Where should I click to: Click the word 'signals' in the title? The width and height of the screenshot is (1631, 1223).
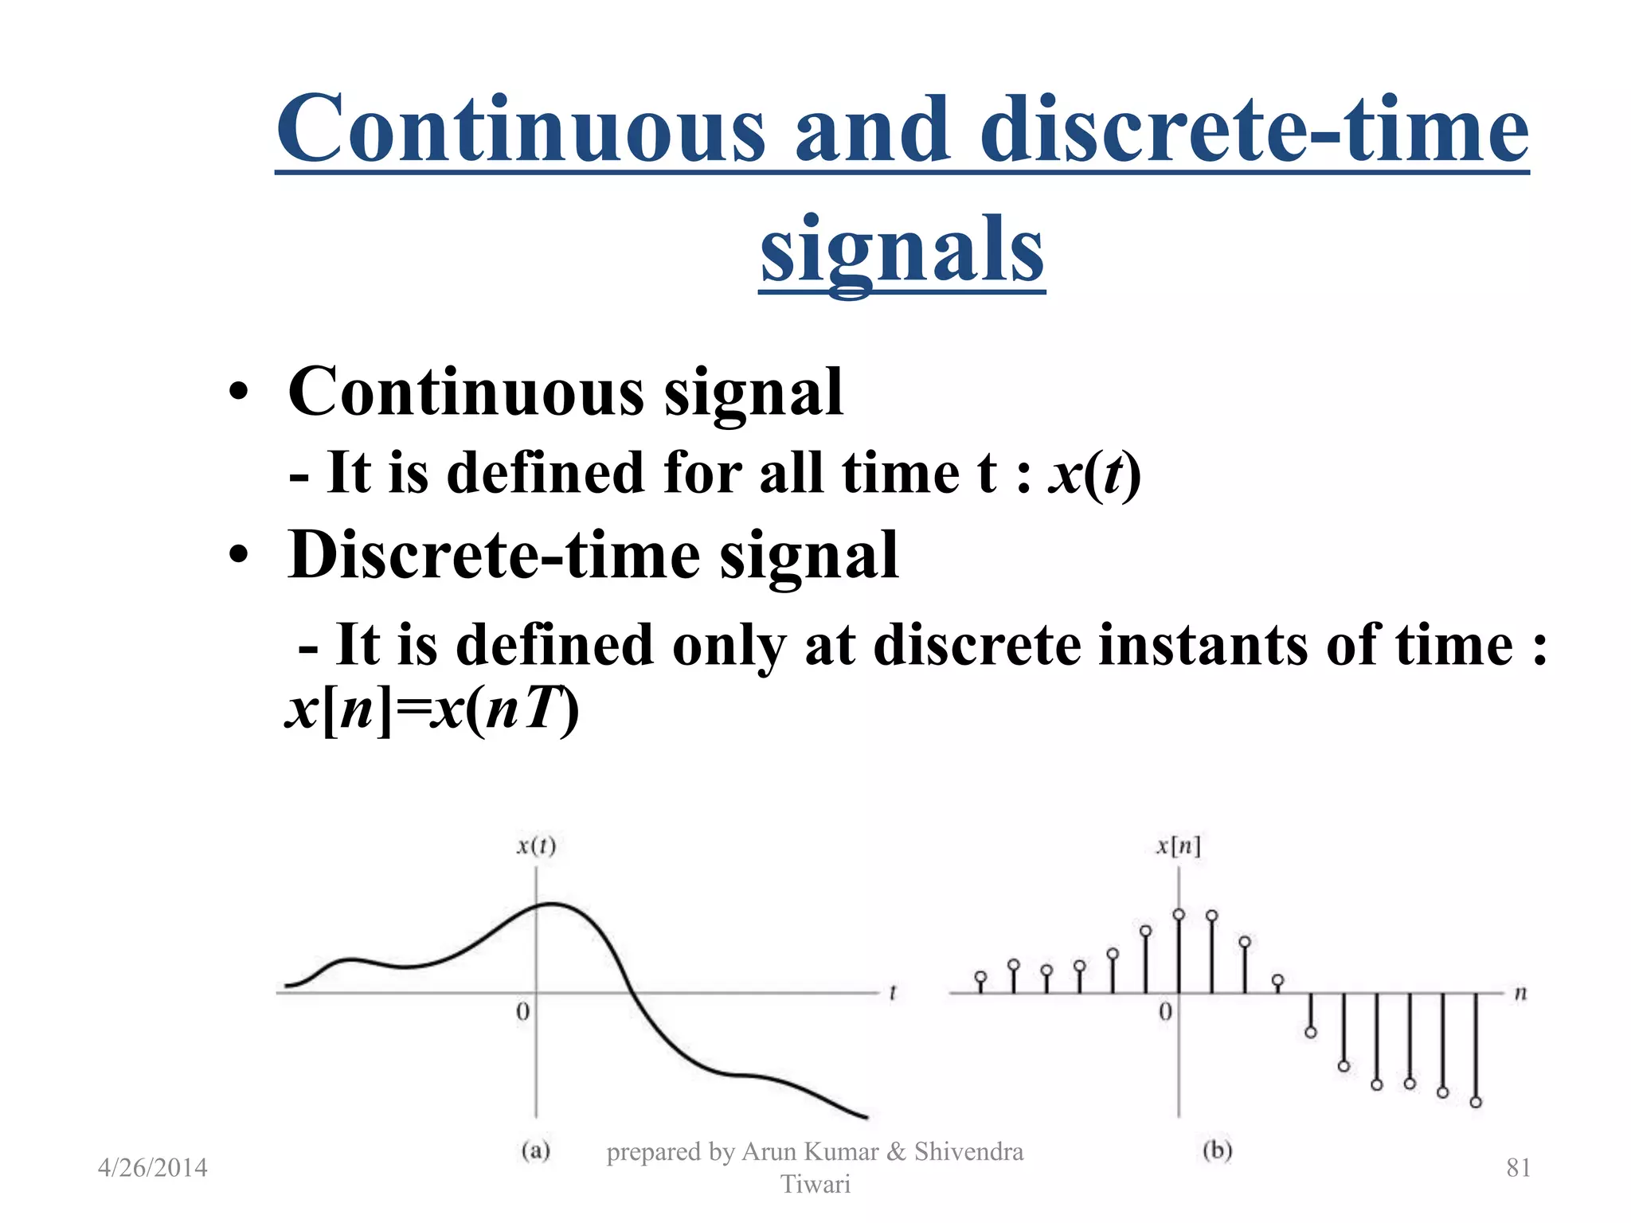pyautogui.click(x=902, y=251)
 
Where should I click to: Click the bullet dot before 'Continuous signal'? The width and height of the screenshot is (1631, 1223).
pyautogui.click(x=238, y=393)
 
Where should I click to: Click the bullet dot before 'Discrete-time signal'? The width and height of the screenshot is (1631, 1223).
pyautogui.click(x=238, y=556)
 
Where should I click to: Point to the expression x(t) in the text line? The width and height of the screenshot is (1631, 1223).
pyautogui.click(x=1095, y=475)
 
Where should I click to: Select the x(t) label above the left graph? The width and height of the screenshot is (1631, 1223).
pyautogui.click(x=536, y=846)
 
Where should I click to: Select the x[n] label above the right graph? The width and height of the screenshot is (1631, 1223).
pyautogui.click(x=1179, y=846)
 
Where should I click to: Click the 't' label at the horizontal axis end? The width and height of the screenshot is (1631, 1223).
pyautogui.click(x=893, y=993)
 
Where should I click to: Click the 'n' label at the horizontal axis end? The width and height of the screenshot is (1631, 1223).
pyautogui.click(x=1520, y=993)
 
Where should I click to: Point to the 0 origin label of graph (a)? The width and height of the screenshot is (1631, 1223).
pyautogui.click(x=522, y=1012)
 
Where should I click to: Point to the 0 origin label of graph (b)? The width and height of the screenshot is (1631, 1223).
pyautogui.click(x=1165, y=1012)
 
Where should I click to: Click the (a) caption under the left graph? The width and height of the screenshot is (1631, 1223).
pyautogui.click(x=536, y=1151)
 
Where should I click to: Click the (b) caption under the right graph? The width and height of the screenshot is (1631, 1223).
pyautogui.click(x=1217, y=1151)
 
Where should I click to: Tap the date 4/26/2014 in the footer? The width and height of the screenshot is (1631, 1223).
pyautogui.click(x=152, y=1168)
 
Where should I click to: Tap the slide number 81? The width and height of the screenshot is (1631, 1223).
pyautogui.click(x=1518, y=1168)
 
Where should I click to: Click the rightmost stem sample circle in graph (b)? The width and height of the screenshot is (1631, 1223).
pyautogui.click(x=1476, y=1103)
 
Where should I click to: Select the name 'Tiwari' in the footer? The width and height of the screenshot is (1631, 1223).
pyautogui.click(x=815, y=1185)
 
